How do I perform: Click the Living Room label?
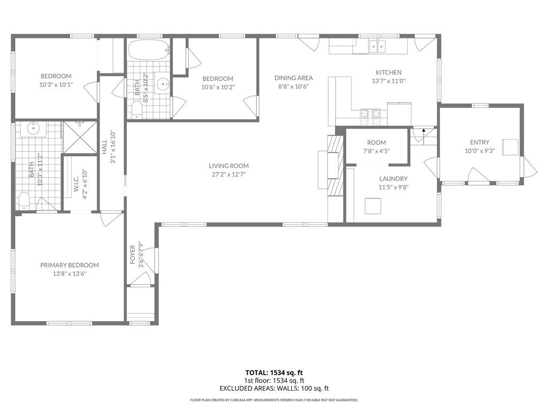(229, 166)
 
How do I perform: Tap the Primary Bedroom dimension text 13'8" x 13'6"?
(70, 273)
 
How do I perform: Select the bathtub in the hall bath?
(149, 50)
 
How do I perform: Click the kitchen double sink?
(377, 47)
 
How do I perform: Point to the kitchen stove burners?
(370, 117)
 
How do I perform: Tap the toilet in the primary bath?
(24, 201)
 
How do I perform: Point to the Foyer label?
(133, 254)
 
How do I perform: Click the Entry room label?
(479, 142)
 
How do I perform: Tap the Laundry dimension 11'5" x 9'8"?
(393, 187)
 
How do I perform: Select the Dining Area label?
(294, 78)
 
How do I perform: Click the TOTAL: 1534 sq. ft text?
(274, 372)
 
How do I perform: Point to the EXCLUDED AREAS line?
(274, 389)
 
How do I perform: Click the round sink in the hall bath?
(163, 84)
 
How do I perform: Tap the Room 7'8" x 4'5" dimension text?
(376, 151)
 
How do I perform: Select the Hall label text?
(104, 147)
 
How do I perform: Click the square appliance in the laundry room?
(373, 206)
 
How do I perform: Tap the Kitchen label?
(389, 72)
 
